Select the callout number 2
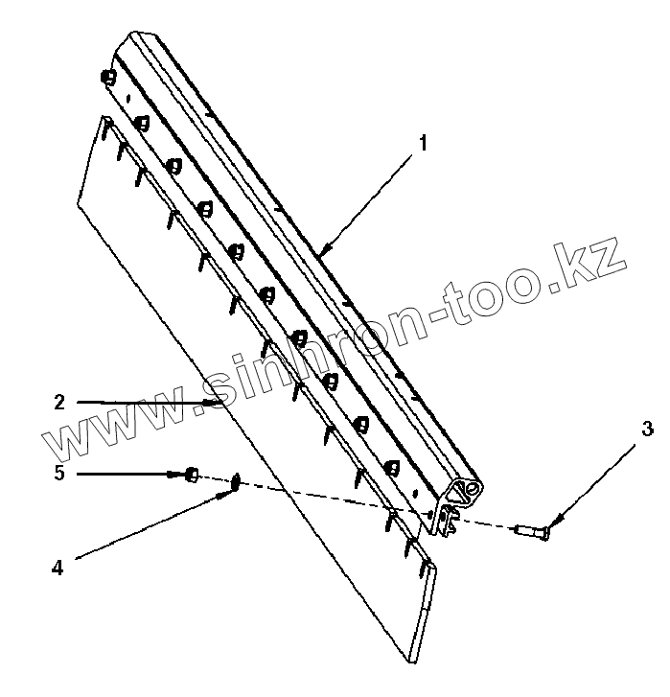coord(59,403)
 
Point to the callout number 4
coord(58,568)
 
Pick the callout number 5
coord(59,473)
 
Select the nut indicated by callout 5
coord(192,474)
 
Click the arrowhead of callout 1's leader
coord(322,253)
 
